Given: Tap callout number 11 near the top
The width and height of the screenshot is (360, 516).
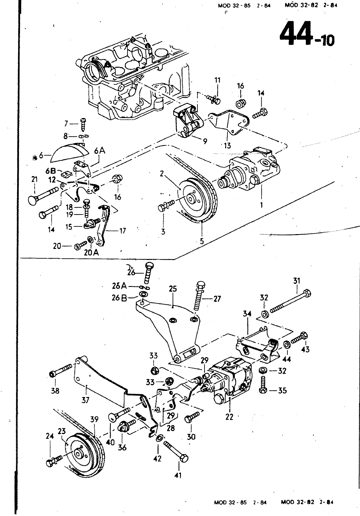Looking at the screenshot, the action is [x=217, y=80].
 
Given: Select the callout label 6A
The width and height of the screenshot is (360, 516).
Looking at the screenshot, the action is [x=100, y=151].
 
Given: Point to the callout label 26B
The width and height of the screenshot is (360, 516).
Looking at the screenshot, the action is [x=119, y=298].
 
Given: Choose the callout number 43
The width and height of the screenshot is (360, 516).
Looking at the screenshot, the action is [x=305, y=350].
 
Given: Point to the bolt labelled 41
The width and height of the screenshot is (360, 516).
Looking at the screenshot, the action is [x=176, y=449].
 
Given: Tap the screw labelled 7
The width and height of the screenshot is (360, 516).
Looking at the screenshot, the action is [x=83, y=124].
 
